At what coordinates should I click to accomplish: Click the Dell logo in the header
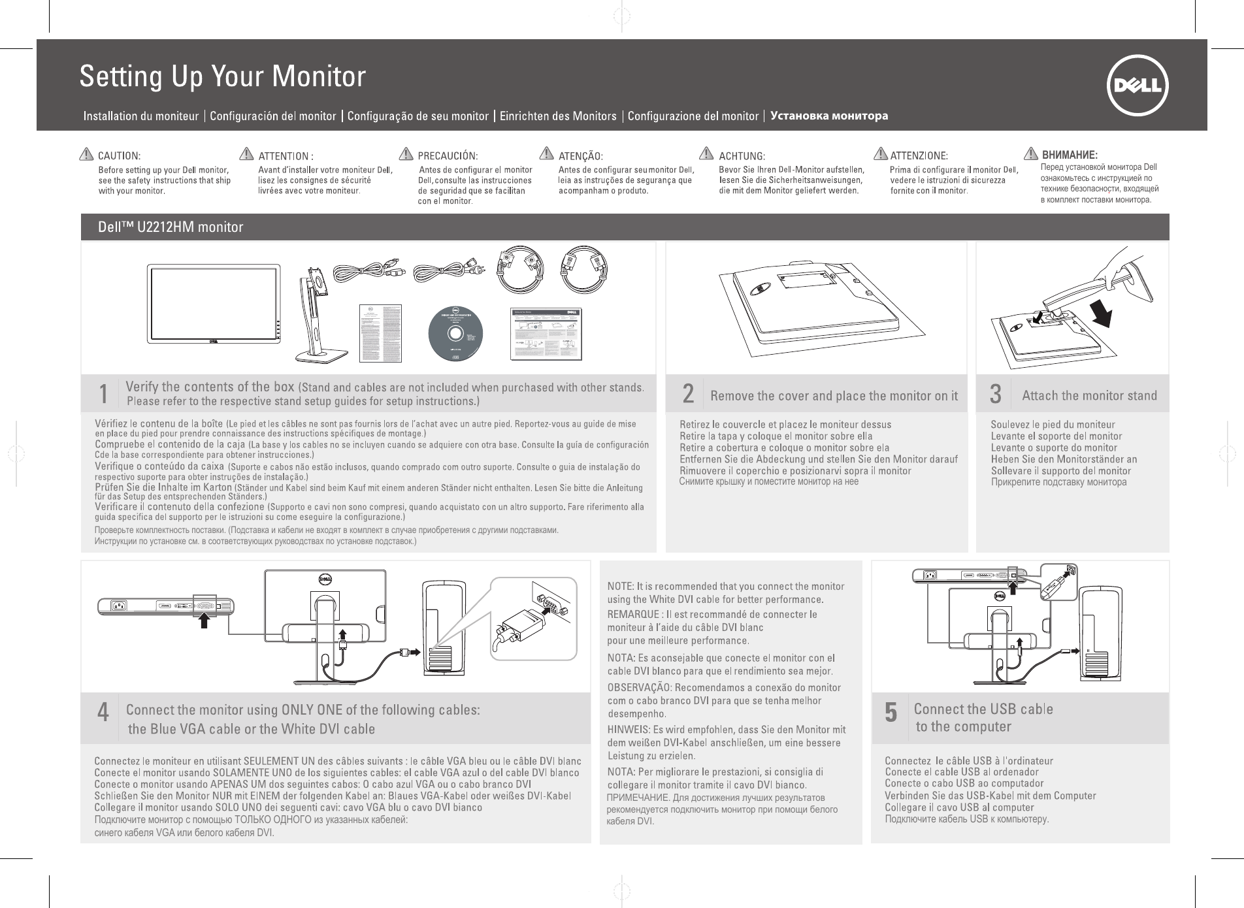point(1138,86)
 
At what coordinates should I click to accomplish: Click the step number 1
point(103,394)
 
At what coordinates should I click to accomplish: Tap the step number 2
point(688,394)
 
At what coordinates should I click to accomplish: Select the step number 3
point(995,394)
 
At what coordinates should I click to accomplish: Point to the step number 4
point(103,712)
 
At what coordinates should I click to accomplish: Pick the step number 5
point(891,712)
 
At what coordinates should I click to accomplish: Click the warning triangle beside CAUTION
point(85,155)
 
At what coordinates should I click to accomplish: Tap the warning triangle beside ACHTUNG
point(706,154)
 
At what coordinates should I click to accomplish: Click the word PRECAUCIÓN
point(448,156)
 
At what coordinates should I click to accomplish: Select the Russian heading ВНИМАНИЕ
point(1070,155)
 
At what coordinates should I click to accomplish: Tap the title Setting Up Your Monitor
point(222,76)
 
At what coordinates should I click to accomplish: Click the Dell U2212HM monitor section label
point(171,227)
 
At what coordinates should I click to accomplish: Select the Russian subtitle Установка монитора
point(829,116)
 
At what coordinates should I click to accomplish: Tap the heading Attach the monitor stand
point(1089,395)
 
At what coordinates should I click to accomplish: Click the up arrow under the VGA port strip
point(205,620)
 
